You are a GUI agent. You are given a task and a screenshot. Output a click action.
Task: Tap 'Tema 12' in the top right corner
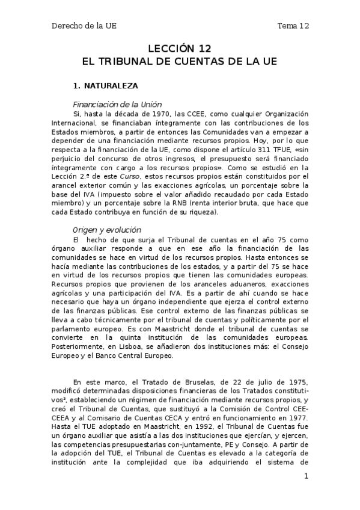293,26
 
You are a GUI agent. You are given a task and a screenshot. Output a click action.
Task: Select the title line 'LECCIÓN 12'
180,49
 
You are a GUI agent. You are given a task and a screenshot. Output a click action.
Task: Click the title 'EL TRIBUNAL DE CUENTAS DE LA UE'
180,61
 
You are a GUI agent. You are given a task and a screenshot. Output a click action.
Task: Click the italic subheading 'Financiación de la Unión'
117,104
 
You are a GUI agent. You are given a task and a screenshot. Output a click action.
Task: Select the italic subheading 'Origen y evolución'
106,230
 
